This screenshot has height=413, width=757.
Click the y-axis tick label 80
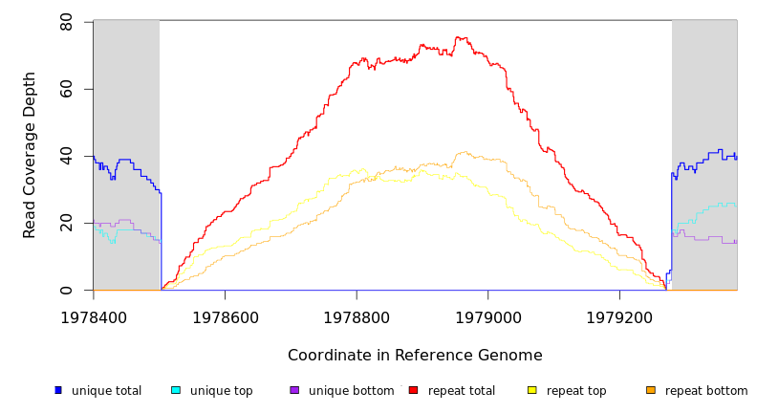point(66,21)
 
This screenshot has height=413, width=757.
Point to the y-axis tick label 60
point(66,89)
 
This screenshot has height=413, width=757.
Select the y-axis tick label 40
point(66,156)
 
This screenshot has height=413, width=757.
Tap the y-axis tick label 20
point(66,224)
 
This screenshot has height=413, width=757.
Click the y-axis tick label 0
point(66,291)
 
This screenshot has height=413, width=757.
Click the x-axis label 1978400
point(94,316)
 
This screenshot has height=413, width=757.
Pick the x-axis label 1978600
point(225,316)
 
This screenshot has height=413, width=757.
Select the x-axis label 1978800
point(357,316)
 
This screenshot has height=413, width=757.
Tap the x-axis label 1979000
point(487,316)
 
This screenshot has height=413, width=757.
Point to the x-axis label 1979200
point(619,316)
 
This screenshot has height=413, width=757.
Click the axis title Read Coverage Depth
point(31,155)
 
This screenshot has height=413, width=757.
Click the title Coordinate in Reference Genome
point(415,356)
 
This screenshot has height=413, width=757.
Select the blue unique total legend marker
point(58,390)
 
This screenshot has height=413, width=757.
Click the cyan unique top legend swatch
point(176,390)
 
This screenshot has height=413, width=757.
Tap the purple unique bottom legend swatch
point(294,390)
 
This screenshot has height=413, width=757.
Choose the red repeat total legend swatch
point(413,390)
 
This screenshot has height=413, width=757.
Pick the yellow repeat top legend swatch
point(531,390)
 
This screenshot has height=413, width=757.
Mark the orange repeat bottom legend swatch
point(651,390)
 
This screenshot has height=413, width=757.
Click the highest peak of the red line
point(461,37)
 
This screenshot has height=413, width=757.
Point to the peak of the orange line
point(465,152)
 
